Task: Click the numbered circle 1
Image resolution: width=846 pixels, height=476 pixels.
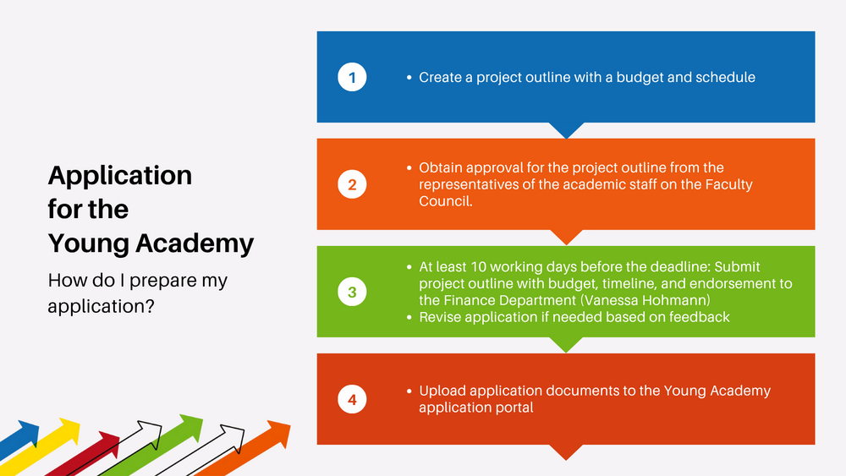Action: coord(352,77)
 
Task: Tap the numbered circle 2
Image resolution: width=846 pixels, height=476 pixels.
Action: coord(352,184)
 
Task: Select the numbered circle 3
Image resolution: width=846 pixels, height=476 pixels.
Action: coord(352,292)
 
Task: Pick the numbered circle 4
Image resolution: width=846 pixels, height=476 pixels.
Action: coord(352,399)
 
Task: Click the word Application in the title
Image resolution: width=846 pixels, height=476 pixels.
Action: coord(120,176)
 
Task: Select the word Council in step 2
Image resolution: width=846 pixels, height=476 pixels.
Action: coord(444,201)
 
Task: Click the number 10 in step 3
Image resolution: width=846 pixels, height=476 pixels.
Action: coord(478,267)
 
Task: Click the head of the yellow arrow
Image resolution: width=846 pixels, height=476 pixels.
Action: coord(69,430)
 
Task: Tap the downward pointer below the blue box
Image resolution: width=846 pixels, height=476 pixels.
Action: coord(566,129)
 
